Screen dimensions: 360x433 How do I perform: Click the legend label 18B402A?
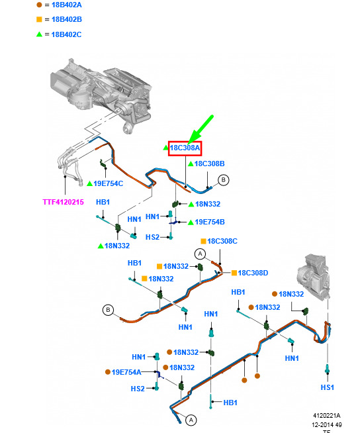67,5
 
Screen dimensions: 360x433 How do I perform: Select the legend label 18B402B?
67,20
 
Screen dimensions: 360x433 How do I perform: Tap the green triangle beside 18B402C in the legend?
39,34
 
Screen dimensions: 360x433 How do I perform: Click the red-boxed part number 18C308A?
185,148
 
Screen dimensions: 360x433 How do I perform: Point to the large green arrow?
201,129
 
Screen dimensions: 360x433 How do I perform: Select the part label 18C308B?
209,164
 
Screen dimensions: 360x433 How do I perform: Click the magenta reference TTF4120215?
64,202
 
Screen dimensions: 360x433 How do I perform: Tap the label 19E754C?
109,183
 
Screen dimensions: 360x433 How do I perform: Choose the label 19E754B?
210,222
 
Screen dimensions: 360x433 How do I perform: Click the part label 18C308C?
222,242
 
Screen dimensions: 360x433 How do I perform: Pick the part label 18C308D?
253,273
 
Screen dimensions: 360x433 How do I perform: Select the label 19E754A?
126,372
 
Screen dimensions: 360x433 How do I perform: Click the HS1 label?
328,388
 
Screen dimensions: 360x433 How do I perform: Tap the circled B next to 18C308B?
223,180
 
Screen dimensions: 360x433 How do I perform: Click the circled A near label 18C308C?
200,254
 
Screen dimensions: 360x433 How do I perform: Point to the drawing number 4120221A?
327,416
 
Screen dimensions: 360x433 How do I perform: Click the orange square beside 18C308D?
234,273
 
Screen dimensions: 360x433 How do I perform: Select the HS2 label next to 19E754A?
138,389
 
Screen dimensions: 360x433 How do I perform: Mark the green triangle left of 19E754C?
90,183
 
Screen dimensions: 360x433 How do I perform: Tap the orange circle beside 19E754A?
108,372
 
